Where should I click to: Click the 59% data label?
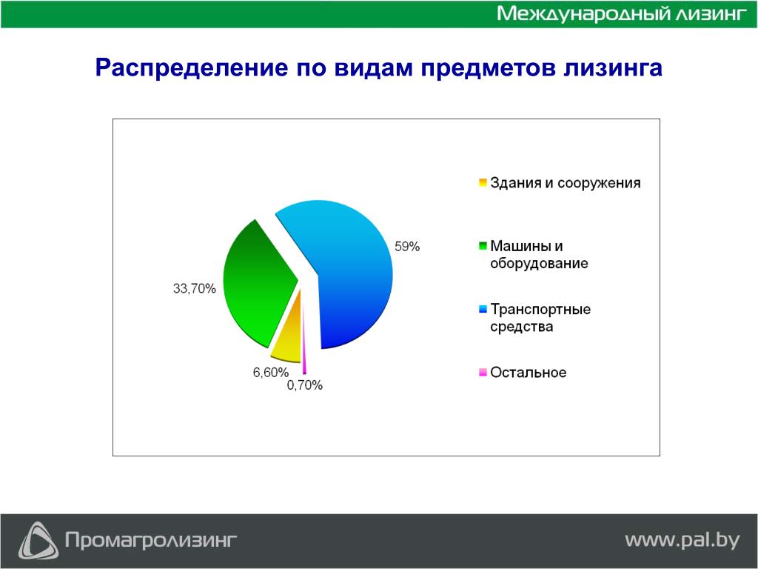pyautogui.click(x=407, y=247)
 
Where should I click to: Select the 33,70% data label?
pyautogui.click(x=195, y=289)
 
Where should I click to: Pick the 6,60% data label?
pyautogui.click(x=271, y=373)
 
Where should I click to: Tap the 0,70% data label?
pyautogui.click(x=304, y=385)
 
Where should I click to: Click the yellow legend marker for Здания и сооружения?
pyautogui.click(x=483, y=183)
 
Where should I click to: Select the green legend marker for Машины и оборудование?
pyautogui.click(x=483, y=246)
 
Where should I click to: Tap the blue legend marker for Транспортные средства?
pyautogui.click(x=483, y=309)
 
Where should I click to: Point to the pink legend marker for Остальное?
pyautogui.click(x=483, y=373)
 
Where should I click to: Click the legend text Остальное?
pyautogui.click(x=529, y=373)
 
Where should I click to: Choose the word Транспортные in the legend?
pyautogui.click(x=540, y=310)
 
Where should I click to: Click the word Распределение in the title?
pyautogui.click(x=191, y=68)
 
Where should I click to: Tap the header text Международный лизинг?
pyautogui.click(x=622, y=13)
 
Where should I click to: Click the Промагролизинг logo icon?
pyautogui.click(x=38, y=540)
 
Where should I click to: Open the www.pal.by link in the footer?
pyautogui.click(x=682, y=540)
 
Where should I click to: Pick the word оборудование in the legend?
pyautogui.click(x=539, y=264)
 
